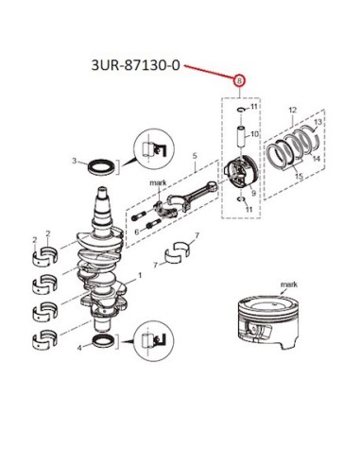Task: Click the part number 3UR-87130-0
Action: point(135,65)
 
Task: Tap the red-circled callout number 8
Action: point(239,81)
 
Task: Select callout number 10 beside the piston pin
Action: point(254,134)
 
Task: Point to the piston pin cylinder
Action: point(241,136)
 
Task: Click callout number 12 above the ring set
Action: point(293,110)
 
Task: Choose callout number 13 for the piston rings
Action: point(317,122)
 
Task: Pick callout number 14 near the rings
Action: point(317,159)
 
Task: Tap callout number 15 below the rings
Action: point(299,176)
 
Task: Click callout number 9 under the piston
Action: point(253,194)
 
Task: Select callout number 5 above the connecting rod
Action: point(195,156)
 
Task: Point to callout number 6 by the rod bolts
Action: point(137,232)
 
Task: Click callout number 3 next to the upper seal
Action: point(75,161)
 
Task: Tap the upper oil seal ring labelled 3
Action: point(101,166)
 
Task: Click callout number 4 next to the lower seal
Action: point(79,348)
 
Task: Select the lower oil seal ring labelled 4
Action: point(104,341)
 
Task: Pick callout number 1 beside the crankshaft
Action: point(140,275)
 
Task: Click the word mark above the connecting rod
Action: point(158,182)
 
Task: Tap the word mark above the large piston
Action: point(289,284)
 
